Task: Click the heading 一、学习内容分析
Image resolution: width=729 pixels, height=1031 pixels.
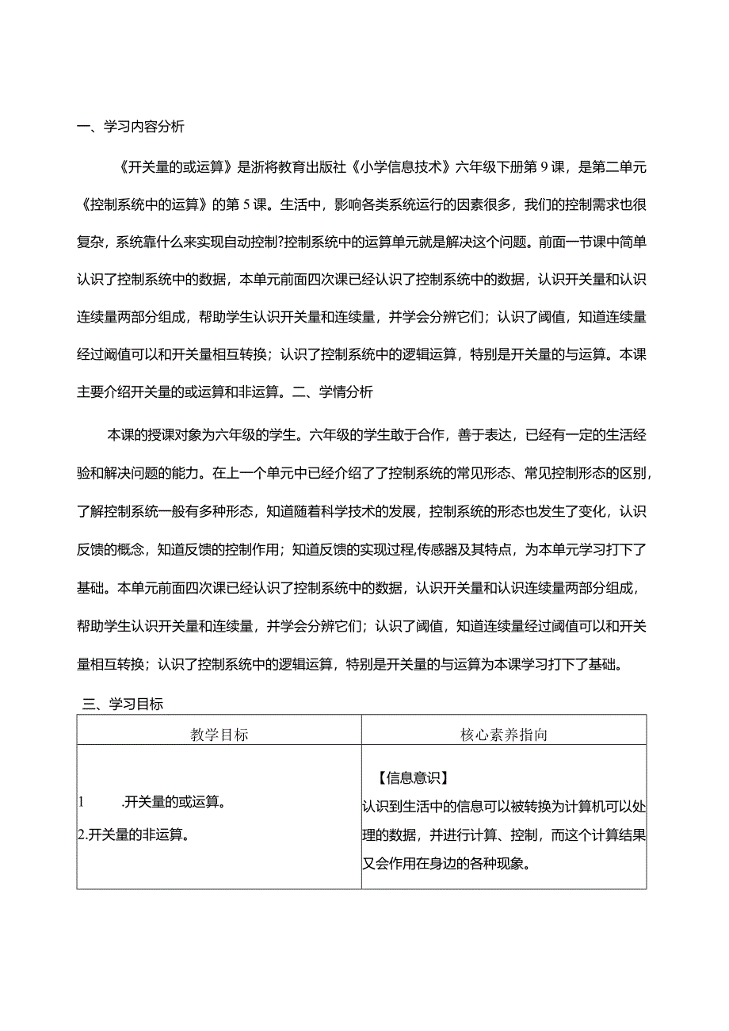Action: (x=132, y=127)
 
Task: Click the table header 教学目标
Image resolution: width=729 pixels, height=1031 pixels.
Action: (x=219, y=735)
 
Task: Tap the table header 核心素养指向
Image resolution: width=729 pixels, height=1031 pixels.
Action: (x=504, y=735)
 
